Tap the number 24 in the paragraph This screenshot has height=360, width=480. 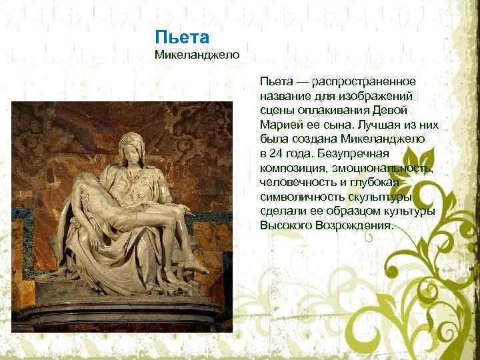(x=278, y=153)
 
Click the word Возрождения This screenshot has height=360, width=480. (x=356, y=225)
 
